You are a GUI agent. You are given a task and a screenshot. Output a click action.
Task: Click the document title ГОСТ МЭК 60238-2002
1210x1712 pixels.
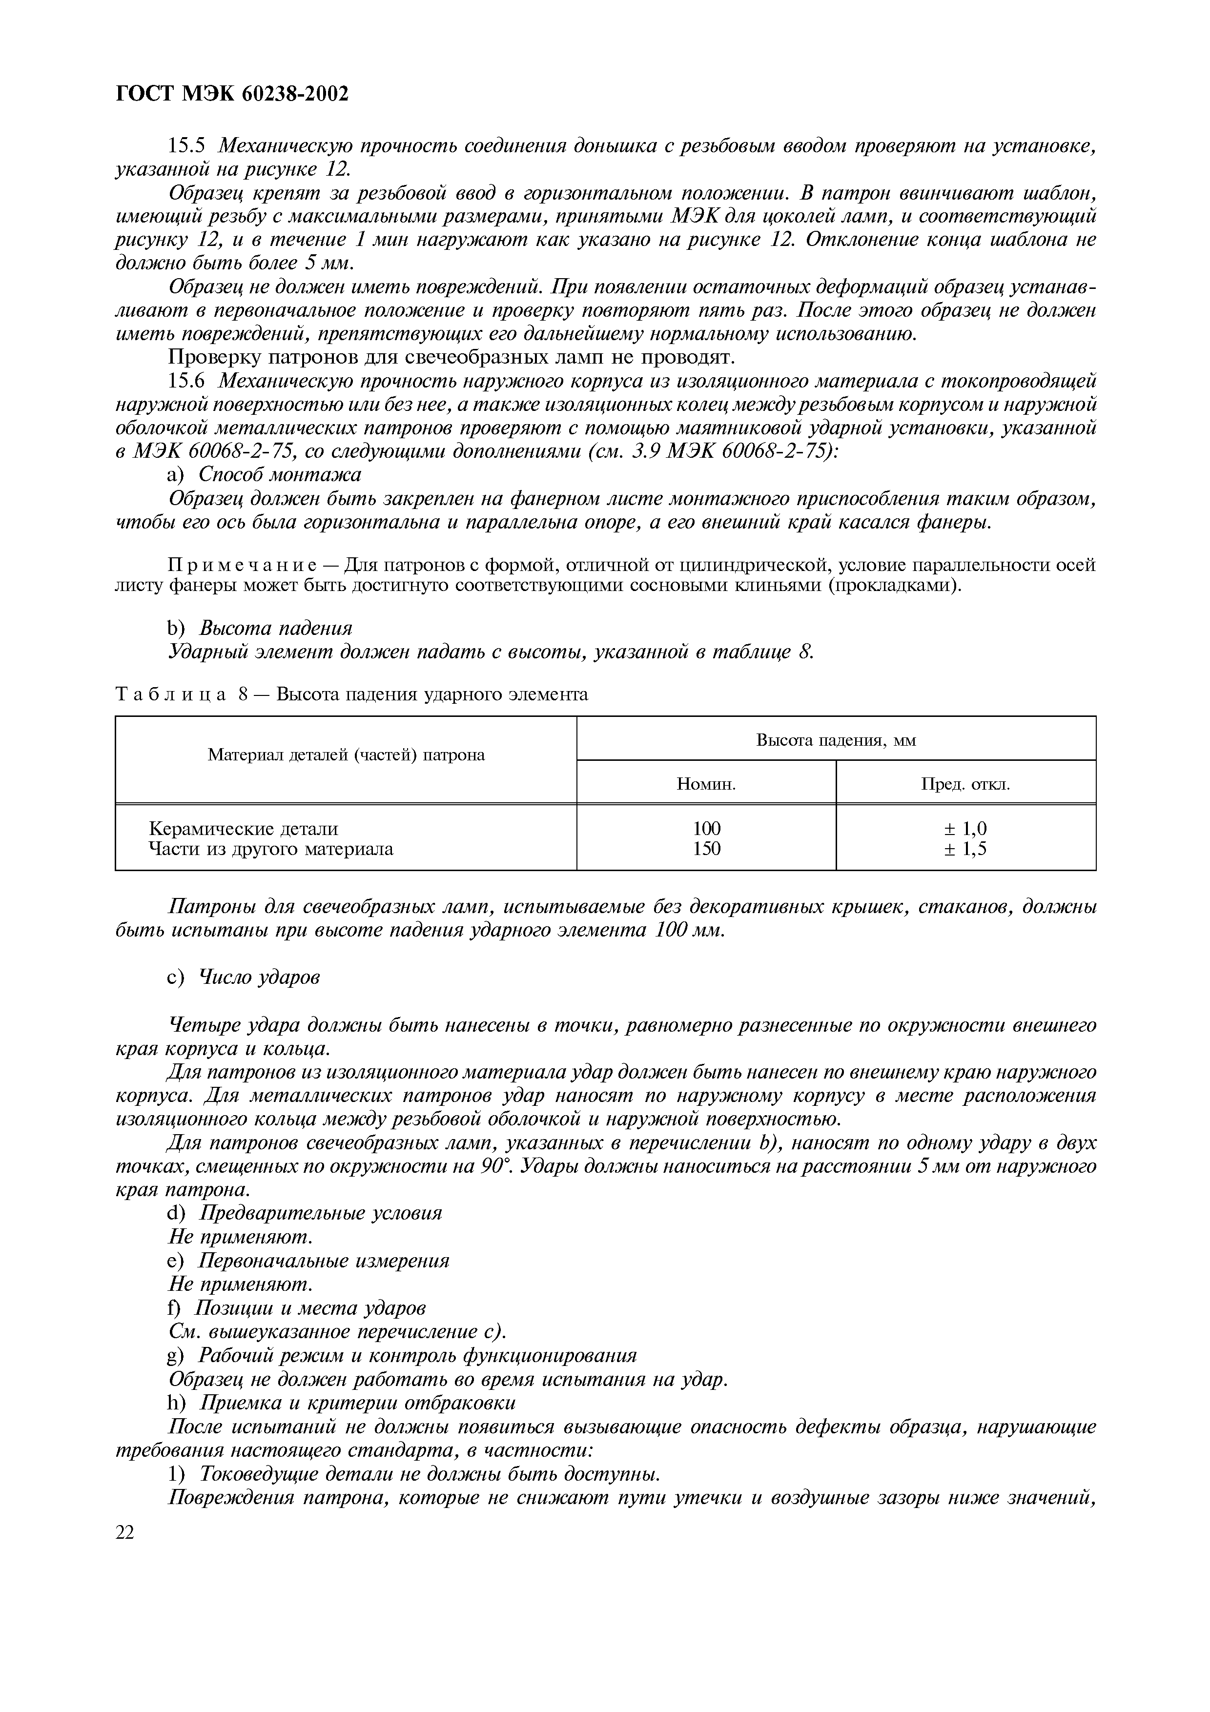233,95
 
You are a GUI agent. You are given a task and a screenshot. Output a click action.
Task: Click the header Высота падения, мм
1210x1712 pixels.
836,740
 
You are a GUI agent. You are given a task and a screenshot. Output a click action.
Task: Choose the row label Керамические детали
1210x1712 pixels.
243,828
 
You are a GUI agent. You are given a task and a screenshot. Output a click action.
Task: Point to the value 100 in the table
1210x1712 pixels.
706,828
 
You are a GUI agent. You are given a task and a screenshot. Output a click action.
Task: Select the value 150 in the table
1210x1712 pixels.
706,849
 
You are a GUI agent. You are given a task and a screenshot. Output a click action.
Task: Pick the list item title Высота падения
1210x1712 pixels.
275,628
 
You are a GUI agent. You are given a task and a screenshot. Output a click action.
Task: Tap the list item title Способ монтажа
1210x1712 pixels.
280,475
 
